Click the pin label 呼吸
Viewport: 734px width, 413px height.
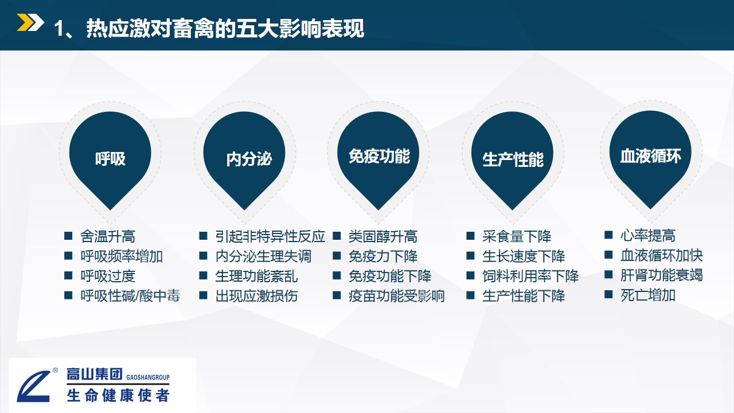(110, 159)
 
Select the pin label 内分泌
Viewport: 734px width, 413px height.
(249, 159)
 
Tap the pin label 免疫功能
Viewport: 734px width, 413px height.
(379, 156)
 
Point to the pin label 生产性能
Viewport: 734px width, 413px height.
(513, 159)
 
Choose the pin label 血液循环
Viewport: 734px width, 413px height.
(651, 155)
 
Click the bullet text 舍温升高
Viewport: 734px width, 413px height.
(108, 236)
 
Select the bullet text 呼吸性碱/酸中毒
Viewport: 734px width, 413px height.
(130, 295)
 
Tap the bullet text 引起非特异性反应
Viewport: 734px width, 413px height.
(270, 236)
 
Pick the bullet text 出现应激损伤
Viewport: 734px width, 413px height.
(256, 295)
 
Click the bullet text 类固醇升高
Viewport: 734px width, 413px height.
(383, 236)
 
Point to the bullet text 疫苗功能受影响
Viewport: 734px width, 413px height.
(397, 295)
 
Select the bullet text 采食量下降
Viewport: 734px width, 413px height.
(517, 236)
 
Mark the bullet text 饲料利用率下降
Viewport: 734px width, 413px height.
(530, 276)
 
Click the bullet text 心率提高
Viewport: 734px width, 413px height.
(648, 235)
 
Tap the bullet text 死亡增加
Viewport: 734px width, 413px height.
(648, 295)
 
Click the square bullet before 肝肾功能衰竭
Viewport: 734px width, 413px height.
(608, 274)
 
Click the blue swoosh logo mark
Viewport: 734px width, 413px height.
(34, 387)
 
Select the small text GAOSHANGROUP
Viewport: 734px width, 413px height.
(148, 377)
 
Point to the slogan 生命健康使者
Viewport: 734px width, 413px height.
(118, 396)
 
